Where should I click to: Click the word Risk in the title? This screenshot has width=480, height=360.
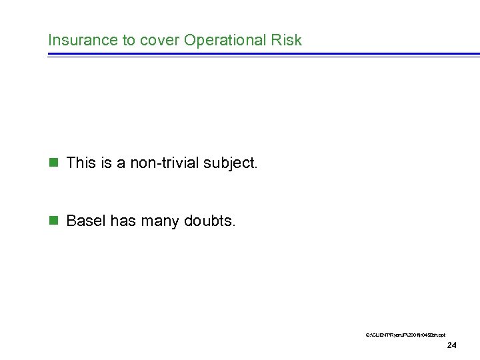pos(288,40)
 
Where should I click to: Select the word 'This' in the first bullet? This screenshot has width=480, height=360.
pos(81,163)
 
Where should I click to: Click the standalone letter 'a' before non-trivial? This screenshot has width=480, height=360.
pos(122,163)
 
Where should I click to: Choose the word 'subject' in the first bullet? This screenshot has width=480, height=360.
pos(228,163)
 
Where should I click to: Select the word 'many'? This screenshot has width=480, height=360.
pos(159,221)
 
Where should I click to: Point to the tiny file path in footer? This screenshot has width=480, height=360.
pos(405,333)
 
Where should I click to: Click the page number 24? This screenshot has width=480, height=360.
pos(451,345)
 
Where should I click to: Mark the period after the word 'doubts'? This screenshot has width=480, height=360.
pos(233,225)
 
